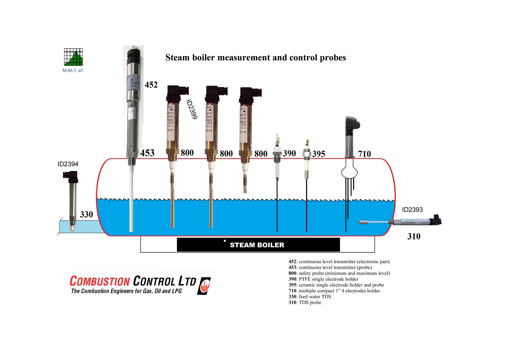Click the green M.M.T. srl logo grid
73,57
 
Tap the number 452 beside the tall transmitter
151,85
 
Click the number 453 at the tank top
147,153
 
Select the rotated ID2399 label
192,109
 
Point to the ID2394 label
68,164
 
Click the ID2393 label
412,210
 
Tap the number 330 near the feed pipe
86,215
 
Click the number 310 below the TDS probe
414,236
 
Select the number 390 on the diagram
289,153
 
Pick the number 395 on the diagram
319,154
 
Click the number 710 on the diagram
364,154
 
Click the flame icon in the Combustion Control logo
205,286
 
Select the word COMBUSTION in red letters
100,281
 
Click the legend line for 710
334,291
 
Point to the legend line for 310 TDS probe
305,302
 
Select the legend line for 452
339,262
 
